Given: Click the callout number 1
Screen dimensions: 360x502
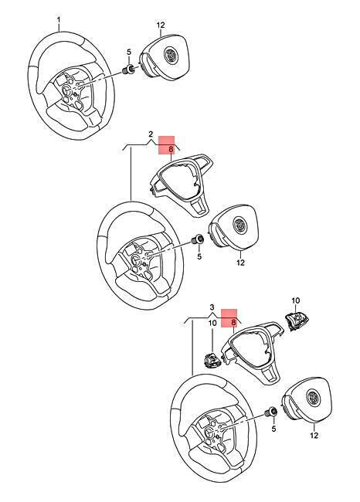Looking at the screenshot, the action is (x=59, y=20).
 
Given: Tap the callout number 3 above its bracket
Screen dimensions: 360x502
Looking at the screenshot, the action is (x=212, y=307).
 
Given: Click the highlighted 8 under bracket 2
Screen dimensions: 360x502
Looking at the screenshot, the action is (x=171, y=149).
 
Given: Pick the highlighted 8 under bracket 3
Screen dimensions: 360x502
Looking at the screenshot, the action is (x=234, y=322).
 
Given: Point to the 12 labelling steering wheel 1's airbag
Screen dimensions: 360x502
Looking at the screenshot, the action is (x=161, y=25).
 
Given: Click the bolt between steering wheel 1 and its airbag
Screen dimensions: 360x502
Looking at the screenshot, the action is (x=129, y=70).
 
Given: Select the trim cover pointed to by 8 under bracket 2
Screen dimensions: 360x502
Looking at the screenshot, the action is (x=182, y=184).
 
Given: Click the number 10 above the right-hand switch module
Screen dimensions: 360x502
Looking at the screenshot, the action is (x=295, y=300).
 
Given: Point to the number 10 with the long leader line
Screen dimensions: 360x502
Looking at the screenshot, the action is (x=212, y=323).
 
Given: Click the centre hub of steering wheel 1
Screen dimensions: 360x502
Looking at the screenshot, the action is (x=69, y=91).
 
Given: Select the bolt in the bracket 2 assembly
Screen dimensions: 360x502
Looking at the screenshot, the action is (x=197, y=239).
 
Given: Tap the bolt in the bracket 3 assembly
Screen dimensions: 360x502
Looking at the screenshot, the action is (x=272, y=412).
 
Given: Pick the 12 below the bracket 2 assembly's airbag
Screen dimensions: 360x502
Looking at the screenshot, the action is (x=240, y=263).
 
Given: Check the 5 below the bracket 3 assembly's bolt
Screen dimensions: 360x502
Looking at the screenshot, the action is (x=273, y=429).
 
